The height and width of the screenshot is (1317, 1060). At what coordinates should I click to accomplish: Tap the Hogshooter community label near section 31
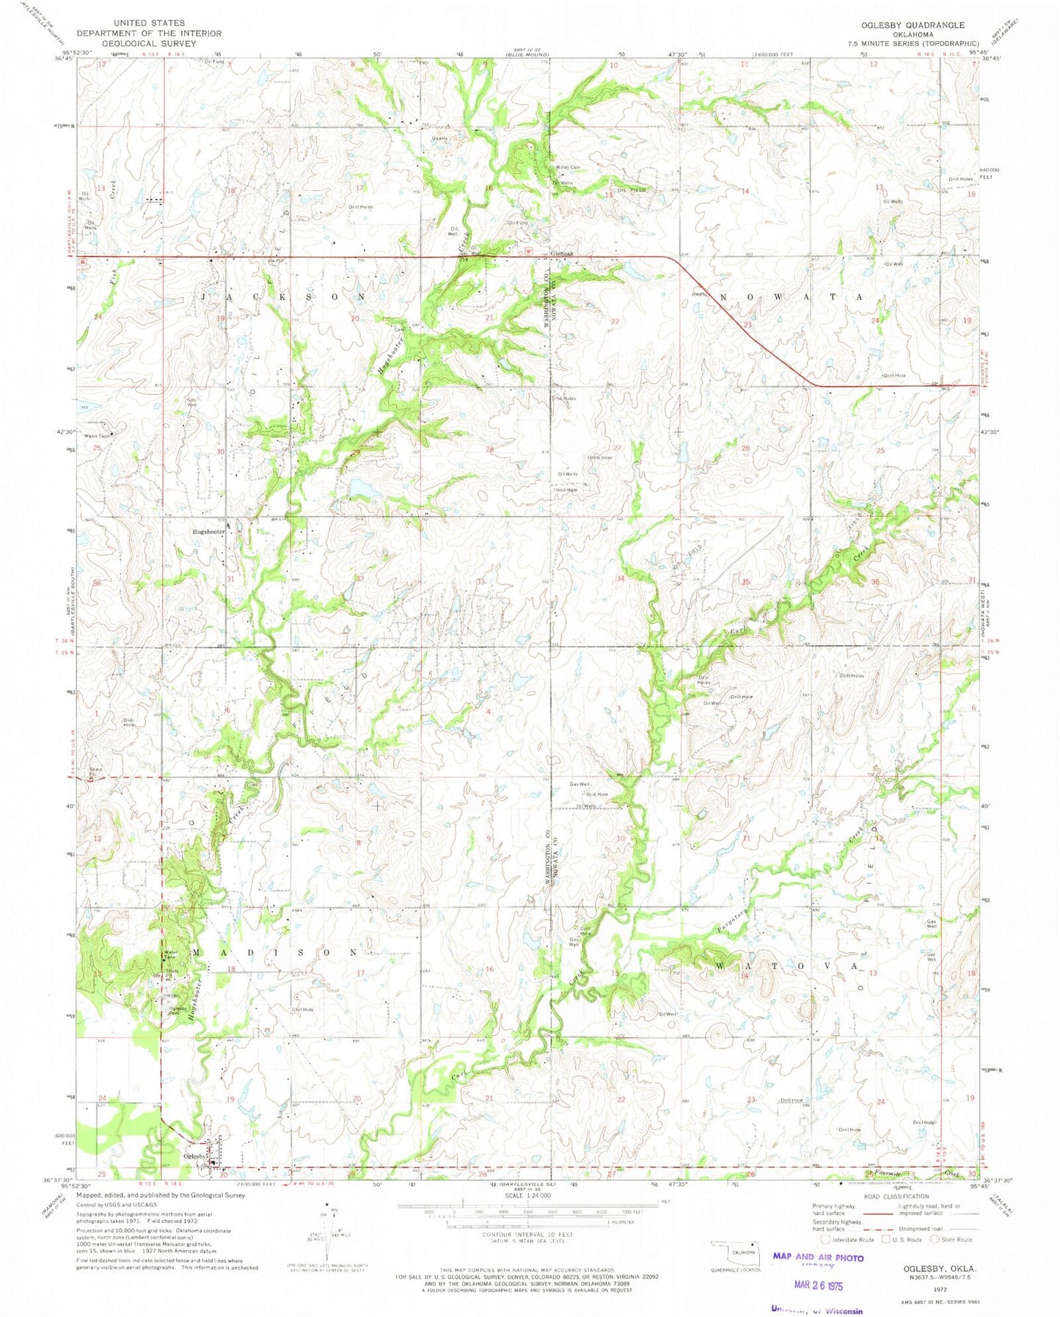click(208, 531)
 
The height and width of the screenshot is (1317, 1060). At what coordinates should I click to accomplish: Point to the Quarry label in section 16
click(439, 138)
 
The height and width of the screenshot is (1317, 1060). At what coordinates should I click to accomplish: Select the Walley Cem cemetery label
click(568, 167)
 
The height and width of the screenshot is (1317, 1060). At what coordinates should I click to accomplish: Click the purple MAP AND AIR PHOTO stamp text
click(817, 1257)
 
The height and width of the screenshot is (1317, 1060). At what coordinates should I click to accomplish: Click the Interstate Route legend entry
click(847, 1239)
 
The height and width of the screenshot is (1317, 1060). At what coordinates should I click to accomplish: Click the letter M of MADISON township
click(196, 952)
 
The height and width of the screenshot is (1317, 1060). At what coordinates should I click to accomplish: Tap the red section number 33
click(480, 581)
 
